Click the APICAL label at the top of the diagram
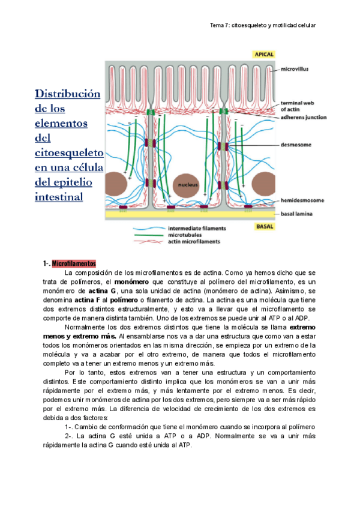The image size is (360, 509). click(x=263, y=54)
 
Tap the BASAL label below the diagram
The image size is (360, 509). click(x=264, y=226)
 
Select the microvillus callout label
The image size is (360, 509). click(x=297, y=69)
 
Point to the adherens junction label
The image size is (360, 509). click(x=304, y=117)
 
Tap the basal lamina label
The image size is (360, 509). click(x=298, y=214)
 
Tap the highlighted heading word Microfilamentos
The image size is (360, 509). click(x=74, y=264)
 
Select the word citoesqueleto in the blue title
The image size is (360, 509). click(x=69, y=152)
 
